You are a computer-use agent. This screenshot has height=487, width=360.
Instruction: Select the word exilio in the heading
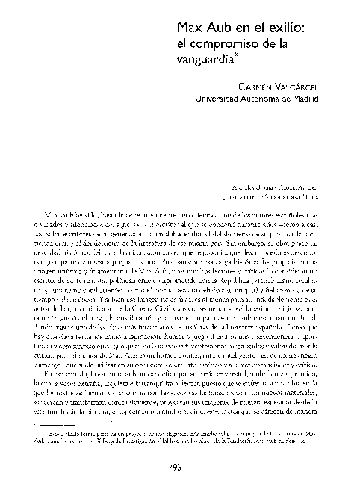281,28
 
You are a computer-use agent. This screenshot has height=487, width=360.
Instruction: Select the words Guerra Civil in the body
162,327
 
